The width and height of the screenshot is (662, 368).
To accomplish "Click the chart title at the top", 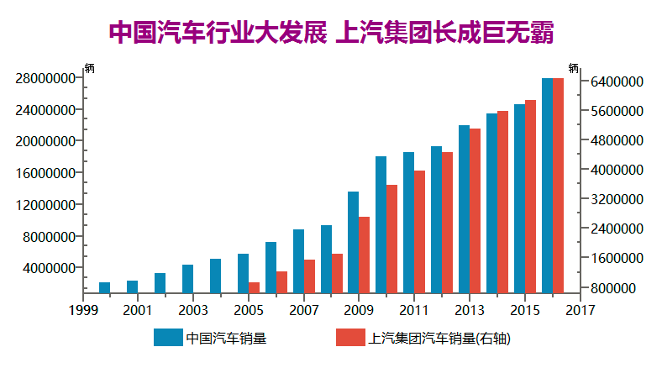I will click(x=331, y=33).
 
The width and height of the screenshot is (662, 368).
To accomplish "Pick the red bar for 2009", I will click(x=364, y=255).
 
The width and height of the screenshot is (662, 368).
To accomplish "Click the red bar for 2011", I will click(x=419, y=232).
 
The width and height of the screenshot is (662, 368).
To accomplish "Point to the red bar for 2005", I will click(x=254, y=287).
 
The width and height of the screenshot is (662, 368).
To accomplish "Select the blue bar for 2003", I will click(x=187, y=279).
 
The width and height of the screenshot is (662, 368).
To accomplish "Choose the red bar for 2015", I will click(x=530, y=197).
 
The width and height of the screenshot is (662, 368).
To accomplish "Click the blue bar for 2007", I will click(x=298, y=261).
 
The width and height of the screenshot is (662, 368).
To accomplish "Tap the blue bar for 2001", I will click(x=132, y=287).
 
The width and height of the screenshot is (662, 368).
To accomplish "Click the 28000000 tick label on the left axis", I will click(x=46, y=78).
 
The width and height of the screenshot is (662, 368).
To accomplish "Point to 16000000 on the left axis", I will click(x=46, y=173).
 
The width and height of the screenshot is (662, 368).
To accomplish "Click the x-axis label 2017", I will click(x=580, y=310).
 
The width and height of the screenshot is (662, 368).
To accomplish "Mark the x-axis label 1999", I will click(x=82, y=310).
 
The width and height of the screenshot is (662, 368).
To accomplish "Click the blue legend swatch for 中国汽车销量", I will click(x=168, y=339).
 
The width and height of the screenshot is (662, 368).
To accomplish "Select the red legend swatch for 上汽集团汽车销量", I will click(x=349, y=339).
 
